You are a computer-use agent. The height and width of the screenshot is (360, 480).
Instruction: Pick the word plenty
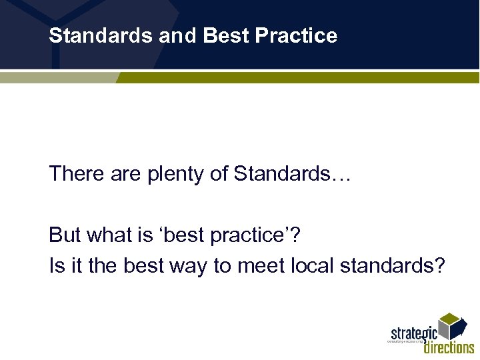[171, 175]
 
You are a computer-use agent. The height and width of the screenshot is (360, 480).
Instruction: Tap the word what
[107, 235]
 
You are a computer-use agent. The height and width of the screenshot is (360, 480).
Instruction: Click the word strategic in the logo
[413, 333]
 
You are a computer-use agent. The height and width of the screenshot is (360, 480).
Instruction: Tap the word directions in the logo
[449, 347]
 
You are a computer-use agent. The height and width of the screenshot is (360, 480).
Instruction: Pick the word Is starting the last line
[55, 266]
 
